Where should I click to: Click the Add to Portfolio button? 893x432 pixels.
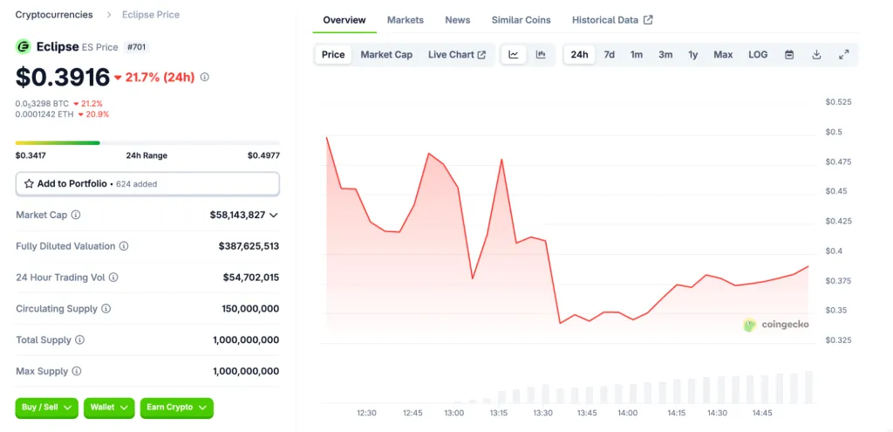147,184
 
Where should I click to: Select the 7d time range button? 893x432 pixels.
610,55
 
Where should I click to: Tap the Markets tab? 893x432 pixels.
405,20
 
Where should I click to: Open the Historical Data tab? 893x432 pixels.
611,20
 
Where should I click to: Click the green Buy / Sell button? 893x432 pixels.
46,408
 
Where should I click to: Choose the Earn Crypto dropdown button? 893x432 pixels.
176,408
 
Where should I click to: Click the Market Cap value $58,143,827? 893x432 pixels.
237,215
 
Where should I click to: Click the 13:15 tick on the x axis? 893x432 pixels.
499,413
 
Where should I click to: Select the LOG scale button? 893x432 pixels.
758,55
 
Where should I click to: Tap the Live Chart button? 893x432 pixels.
457,55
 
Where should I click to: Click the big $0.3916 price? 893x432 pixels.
63,77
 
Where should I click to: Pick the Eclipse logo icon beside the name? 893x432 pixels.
24,46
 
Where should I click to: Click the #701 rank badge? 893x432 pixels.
137,47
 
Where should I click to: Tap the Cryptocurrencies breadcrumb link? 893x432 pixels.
54,15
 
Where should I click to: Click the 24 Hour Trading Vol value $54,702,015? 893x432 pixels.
250,278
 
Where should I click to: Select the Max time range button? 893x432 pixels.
723,55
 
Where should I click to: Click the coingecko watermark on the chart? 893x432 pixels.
776,325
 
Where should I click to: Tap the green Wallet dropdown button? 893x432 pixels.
109,408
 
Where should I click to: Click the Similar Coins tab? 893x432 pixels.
521,20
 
